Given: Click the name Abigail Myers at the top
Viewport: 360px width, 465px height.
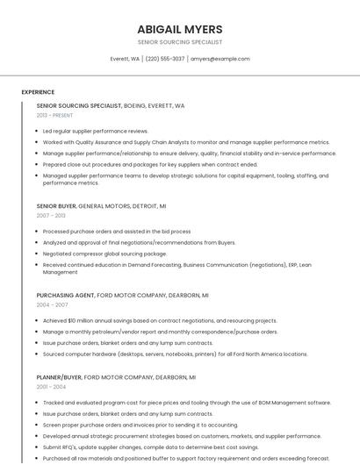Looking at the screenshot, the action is [x=180, y=29].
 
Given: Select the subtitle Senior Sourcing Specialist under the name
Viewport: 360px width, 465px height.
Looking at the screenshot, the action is [x=180, y=42].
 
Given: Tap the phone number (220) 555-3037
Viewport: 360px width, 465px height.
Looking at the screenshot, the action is [x=165, y=59].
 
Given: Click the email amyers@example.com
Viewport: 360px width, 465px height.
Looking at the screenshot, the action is [x=220, y=59].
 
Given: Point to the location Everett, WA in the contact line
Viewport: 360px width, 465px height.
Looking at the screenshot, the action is [x=125, y=59].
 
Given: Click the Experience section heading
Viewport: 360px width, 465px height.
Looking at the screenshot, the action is [x=38, y=92].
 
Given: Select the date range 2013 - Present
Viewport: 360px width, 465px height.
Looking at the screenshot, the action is [x=54, y=115].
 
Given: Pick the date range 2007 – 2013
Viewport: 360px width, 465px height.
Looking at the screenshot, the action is [x=51, y=215].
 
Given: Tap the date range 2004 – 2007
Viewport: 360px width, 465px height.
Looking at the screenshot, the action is [x=52, y=304].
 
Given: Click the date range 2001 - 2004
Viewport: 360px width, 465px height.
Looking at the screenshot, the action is [x=51, y=386].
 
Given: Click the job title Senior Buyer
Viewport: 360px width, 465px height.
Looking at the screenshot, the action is [x=56, y=206].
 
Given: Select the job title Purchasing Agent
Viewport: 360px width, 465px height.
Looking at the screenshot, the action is [x=65, y=296].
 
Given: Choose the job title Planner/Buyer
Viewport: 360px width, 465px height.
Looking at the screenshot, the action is [x=58, y=377].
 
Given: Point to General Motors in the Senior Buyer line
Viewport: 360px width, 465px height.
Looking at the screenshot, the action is [x=105, y=206].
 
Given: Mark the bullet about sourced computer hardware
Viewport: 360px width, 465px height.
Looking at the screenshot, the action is [x=176, y=354].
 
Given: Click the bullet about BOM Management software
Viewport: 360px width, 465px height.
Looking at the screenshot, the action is [x=186, y=403].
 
